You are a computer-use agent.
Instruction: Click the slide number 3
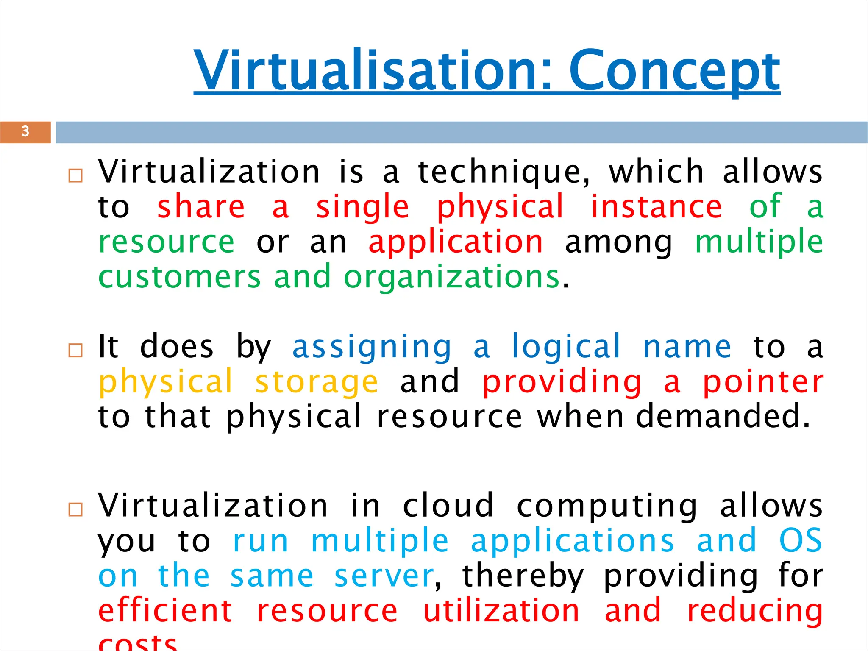pos(25,132)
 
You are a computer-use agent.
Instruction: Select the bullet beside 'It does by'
pos(75,351)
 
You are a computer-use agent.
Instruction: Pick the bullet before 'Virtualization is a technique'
pos(75,175)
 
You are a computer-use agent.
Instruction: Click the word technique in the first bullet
pos(503,172)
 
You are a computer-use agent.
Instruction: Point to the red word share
pos(201,207)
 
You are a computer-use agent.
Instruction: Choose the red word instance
pos(656,207)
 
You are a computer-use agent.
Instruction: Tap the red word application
pos(456,242)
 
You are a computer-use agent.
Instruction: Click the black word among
pos(618,242)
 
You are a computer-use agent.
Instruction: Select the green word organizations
pos(452,278)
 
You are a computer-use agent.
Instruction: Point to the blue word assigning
pos(372,347)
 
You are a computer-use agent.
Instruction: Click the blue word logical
pos(566,347)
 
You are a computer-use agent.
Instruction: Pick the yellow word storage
pos(316,382)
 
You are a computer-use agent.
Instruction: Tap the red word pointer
pos(763,382)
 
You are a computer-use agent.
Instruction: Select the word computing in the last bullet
pos(607,506)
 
